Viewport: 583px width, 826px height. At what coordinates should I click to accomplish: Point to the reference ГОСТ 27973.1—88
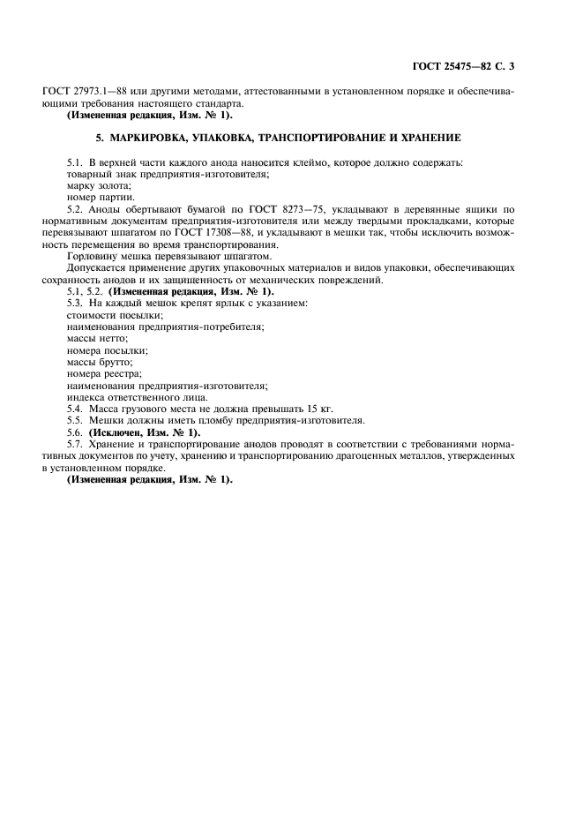point(78,91)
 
